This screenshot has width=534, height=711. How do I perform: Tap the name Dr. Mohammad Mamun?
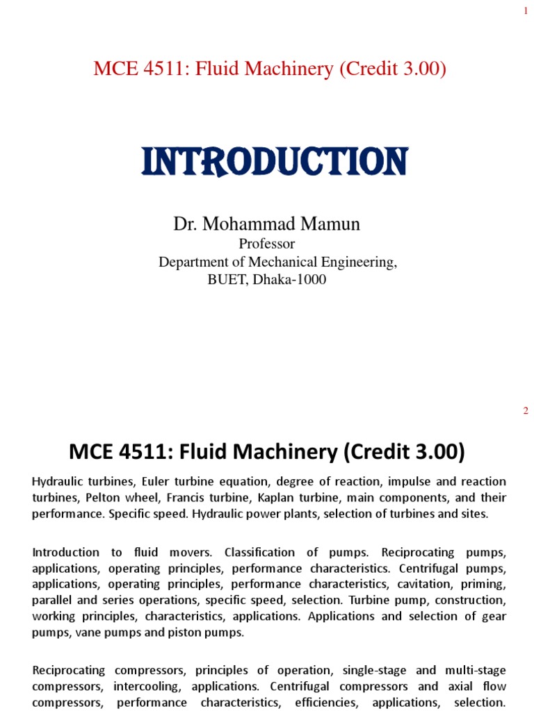click(266, 224)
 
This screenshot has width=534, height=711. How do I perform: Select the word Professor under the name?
click(266, 244)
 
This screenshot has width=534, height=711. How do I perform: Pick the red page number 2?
click(526, 411)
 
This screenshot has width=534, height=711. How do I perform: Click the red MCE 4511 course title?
click(269, 69)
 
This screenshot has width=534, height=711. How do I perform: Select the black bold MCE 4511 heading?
click(266, 453)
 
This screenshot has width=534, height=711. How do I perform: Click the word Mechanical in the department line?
click(300, 262)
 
